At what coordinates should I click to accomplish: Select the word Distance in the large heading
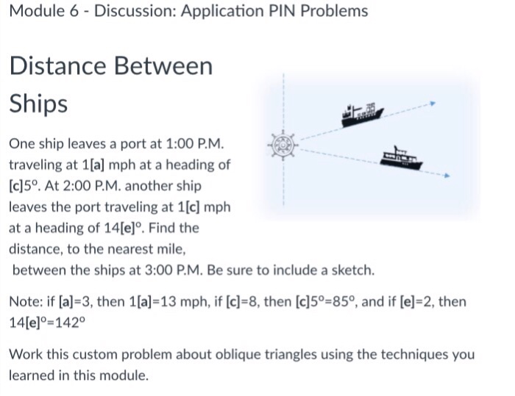(57, 66)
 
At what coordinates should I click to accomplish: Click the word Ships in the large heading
(38, 104)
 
